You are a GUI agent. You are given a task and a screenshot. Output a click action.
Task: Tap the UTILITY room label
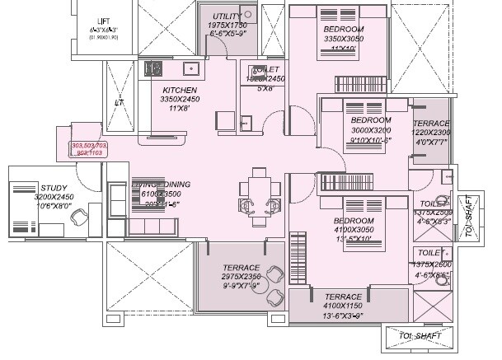point(226,16)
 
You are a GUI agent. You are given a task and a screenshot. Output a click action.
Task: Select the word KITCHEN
point(179,90)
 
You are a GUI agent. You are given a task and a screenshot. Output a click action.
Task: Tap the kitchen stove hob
point(153,69)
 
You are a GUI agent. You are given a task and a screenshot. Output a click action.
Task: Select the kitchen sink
point(191,69)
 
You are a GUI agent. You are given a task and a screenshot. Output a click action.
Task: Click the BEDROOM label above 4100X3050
point(354,221)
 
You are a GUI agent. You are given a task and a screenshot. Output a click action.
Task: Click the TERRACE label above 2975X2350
point(240,268)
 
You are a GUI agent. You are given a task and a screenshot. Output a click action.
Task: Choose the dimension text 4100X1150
point(343,306)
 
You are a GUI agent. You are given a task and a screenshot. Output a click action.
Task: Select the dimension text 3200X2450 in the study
point(30,198)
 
